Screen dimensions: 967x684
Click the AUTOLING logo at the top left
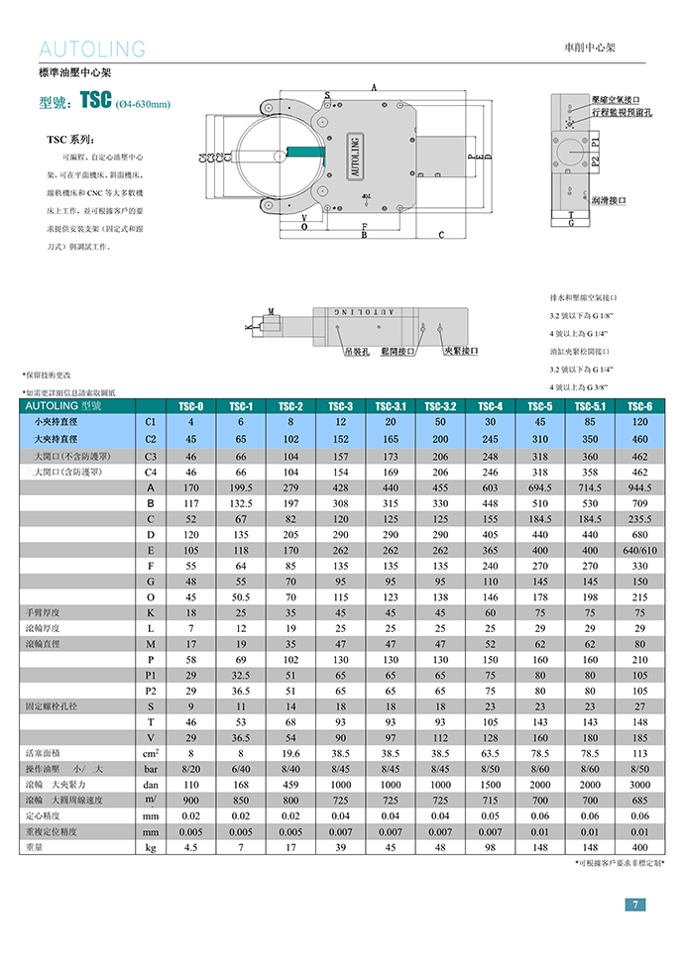tap(91, 50)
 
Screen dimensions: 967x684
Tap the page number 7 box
tap(634, 904)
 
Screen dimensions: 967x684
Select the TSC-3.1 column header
tap(392, 406)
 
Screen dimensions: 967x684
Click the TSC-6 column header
tap(639, 406)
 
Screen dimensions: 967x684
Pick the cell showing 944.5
tap(639, 487)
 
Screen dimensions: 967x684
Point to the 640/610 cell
tap(639, 550)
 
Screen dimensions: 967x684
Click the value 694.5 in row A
tap(540, 487)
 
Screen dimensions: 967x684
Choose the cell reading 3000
tap(639, 784)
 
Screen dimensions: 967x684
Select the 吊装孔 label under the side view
tap(357, 351)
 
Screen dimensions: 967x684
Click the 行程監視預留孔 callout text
tap(622, 113)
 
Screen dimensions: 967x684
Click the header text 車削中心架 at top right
tap(597, 48)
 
